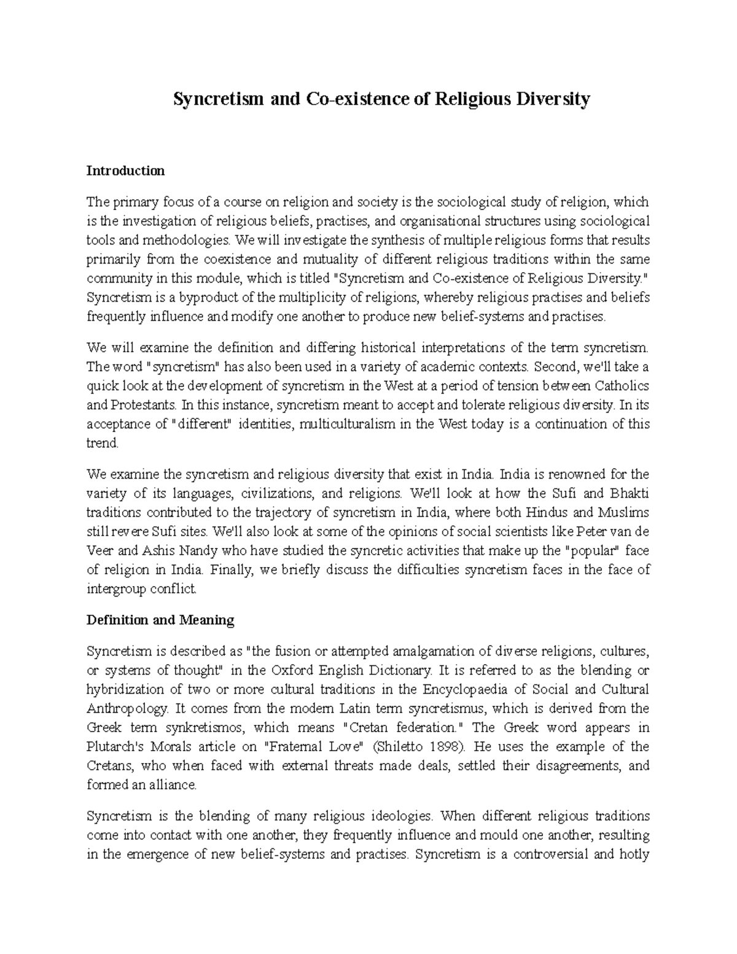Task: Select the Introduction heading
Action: click(x=125, y=171)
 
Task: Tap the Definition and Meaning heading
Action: click(x=160, y=620)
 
